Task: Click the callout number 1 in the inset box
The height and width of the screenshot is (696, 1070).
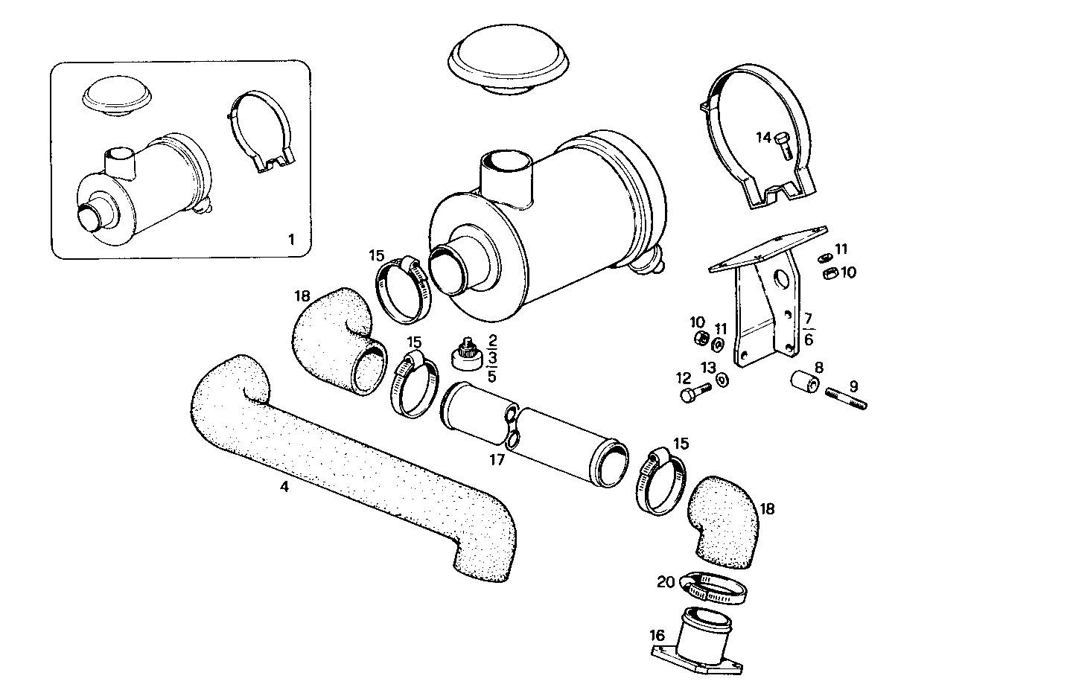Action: [291, 240]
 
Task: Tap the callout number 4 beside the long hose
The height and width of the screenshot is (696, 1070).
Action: [284, 487]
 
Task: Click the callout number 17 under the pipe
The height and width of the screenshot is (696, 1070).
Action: [497, 460]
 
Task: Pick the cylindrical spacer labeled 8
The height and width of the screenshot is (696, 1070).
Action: [804, 381]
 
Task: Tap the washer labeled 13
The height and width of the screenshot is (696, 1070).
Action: [723, 380]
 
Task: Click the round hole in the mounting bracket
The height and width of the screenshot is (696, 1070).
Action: [781, 280]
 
